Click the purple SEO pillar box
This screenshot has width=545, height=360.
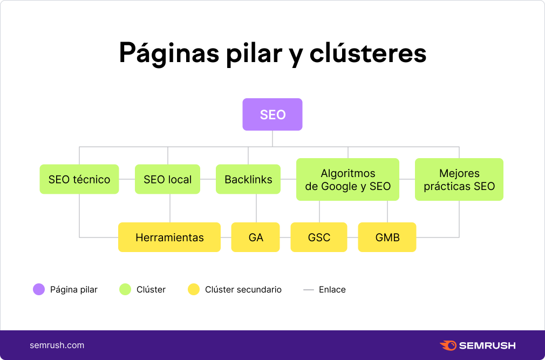[x=272, y=114]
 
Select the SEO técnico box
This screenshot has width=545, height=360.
[x=79, y=179]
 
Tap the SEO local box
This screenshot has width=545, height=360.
[x=167, y=179]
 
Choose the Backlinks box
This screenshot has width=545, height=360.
[x=248, y=179]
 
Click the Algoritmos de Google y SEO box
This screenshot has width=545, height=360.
[x=348, y=179]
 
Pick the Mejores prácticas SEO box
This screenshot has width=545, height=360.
[x=459, y=179]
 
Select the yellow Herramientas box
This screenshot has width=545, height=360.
[x=169, y=237]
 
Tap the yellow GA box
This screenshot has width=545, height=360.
[x=255, y=237]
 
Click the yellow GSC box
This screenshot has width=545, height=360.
[x=319, y=237]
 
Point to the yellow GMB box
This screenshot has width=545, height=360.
[x=387, y=237]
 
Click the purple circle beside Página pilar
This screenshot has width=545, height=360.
[x=39, y=289]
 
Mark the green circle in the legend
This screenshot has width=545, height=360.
[x=125, y=289]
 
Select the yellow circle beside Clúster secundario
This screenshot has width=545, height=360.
[x=194, y=289]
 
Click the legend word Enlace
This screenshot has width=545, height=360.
[x=332, y=289]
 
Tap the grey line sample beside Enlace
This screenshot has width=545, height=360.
[x=309, y=289]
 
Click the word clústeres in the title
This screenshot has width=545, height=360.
[x=367, y=53]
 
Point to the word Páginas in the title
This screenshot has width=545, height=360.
[x=169, y=54]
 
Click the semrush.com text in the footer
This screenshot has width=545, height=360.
[x=57, y=345]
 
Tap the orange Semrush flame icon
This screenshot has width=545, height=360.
[x=448, y=345]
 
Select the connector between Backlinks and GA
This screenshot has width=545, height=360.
[x=256, y=208]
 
